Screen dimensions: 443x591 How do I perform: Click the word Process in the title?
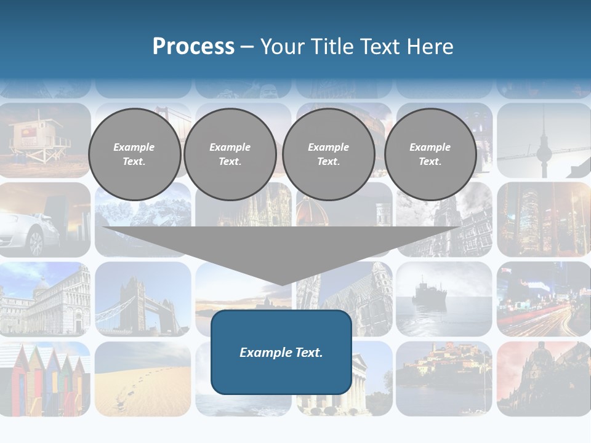click(193, 47)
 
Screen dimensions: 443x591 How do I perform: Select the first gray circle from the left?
click(134, 154)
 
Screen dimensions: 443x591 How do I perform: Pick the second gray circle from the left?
click(230, 154)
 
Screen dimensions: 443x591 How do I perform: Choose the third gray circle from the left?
click(328, 154)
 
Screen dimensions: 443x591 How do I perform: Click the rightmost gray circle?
click(430, 154)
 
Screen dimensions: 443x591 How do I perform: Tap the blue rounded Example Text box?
click(281, 352)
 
